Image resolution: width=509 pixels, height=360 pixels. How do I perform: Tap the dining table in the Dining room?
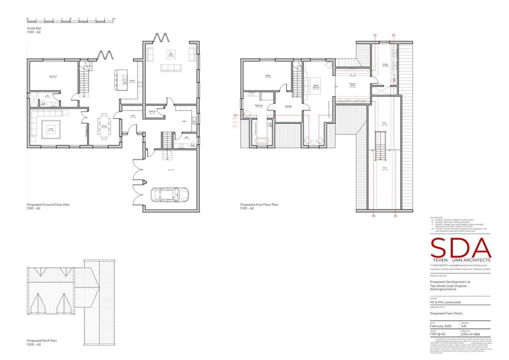click(104, 122)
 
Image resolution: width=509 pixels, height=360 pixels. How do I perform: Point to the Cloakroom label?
click(153, 112)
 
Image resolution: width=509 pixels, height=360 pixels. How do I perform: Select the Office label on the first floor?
click(267, 76)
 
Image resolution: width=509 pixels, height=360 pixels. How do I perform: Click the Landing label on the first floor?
click(288, 106)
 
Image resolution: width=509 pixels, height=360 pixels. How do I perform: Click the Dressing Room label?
click(352, 86)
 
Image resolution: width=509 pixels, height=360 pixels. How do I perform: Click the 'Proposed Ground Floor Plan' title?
click(48, 204)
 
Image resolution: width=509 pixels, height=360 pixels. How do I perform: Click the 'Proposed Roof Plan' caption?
click(42, 341)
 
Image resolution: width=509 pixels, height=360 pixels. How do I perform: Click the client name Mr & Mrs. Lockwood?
click(445, 302)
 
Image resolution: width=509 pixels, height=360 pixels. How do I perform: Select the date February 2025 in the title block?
click(440, 326)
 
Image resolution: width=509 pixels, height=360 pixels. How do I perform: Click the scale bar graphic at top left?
click(70, 20)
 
